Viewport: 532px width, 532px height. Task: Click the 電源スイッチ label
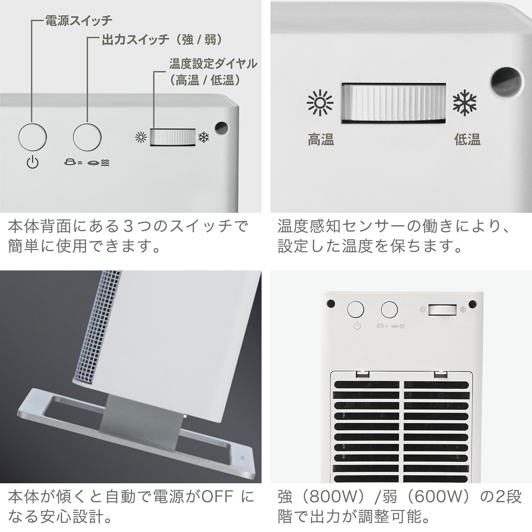78,21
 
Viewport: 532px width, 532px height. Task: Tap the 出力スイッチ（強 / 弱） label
162,40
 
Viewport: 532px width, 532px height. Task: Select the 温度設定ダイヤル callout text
213,72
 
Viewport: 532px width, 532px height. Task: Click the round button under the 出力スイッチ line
87,137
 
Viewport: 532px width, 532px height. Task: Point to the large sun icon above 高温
320,102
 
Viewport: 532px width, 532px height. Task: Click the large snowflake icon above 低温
465,102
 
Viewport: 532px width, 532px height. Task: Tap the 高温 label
321,139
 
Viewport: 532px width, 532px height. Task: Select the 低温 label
467,139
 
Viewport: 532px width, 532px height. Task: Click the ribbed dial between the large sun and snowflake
394,103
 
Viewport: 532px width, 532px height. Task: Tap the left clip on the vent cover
363,374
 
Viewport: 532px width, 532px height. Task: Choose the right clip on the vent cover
441,374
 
